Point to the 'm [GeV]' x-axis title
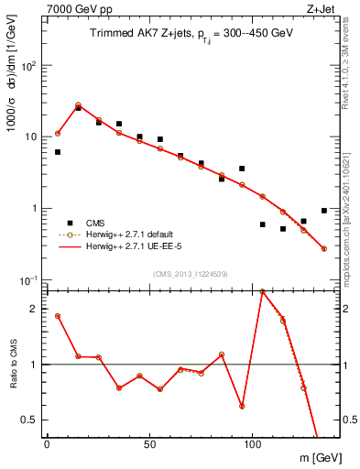point(316,456)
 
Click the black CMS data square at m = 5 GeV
point(58,152)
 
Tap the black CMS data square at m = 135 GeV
point(324,211)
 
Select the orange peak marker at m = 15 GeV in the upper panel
point(78,105)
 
